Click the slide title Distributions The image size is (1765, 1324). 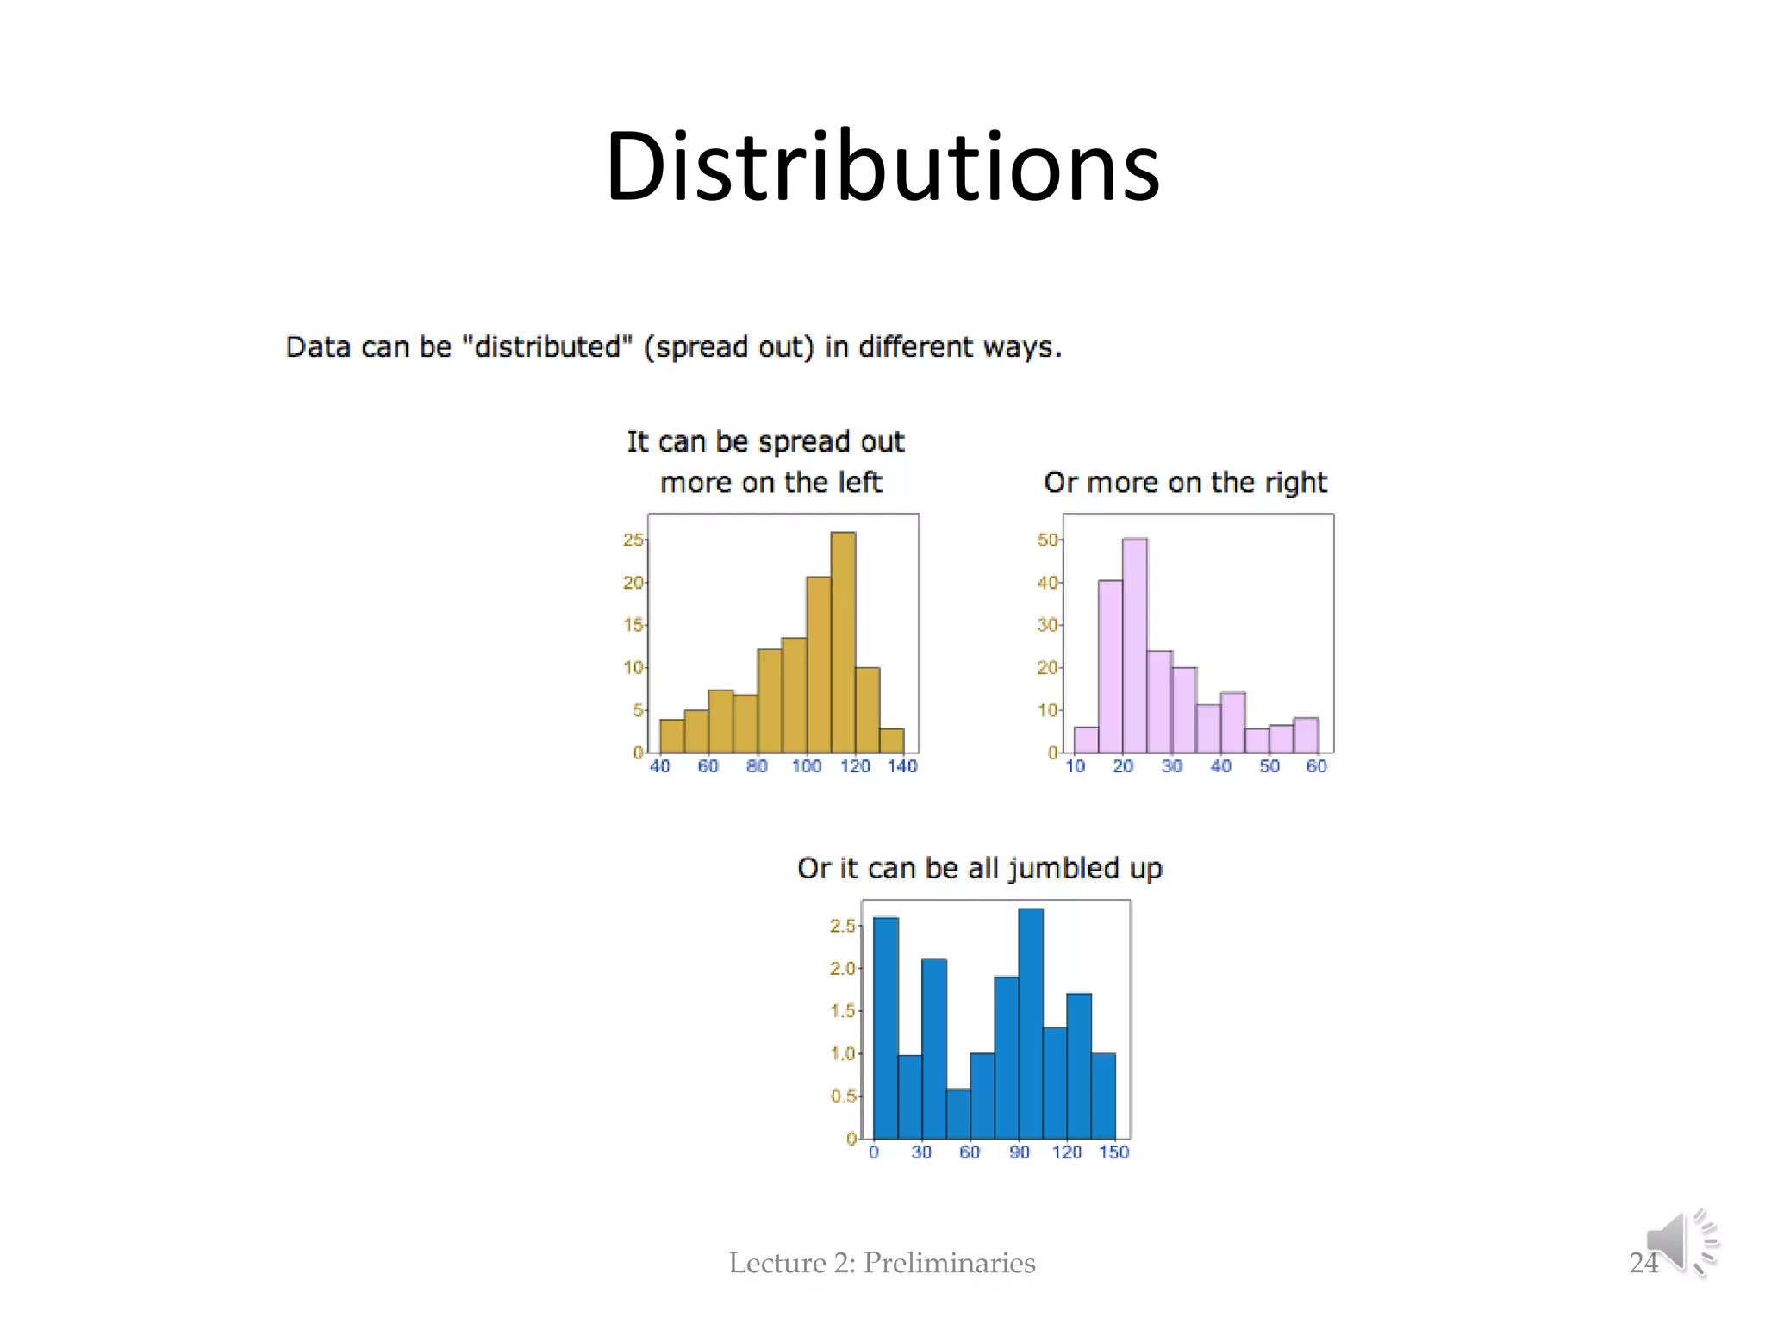(882, 165)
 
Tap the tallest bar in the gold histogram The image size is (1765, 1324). (843, 642)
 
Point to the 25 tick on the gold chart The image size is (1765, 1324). (633, 540)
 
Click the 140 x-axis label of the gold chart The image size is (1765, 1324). (902, 766)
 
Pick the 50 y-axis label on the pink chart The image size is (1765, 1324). (1047, 540)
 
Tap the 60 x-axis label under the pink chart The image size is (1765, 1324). (1316, 766)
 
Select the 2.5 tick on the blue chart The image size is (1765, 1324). (842, 926)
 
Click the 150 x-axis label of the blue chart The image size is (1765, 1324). (1113, 1152)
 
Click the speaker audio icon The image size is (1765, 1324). (1681, 1242)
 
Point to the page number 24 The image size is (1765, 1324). (1643, 1263)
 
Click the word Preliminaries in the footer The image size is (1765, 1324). (949, 1263)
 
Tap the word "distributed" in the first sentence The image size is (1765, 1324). (547, 347)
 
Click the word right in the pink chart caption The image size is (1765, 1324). (1295, 483)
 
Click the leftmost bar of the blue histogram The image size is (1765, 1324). (886, 1027)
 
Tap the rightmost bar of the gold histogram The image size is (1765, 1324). (892, 740)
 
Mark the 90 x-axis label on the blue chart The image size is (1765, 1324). (1020, 1152)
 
